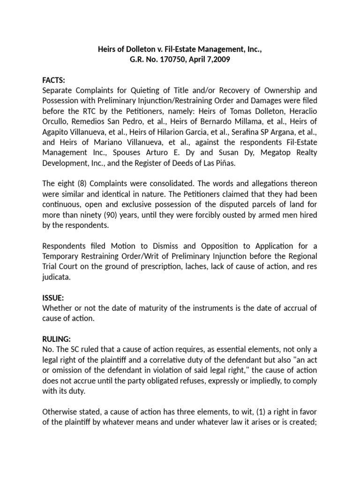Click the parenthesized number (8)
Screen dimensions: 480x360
click(x=78, y=184)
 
